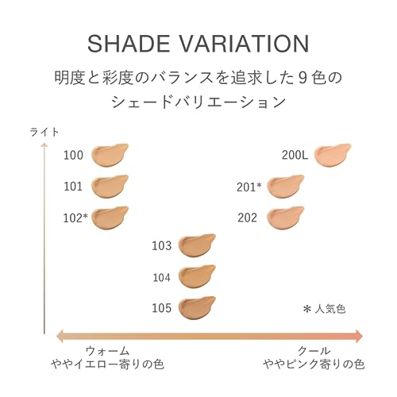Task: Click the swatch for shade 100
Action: coord(110,155)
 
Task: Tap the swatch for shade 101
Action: coord(110,187)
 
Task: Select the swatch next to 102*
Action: coord(110,217)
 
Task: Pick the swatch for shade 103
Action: coord(197,245)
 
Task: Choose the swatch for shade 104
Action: coord(197,276)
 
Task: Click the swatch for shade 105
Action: coord(197,306)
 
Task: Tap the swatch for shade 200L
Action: coord(333,155)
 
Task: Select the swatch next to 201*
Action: coord(285,187)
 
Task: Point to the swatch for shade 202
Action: coord(285,217)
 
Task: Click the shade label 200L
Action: coord(295,155)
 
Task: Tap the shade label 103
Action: coord(161,246)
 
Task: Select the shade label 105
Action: coord(161,307)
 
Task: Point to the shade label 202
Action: coord(247,217)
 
